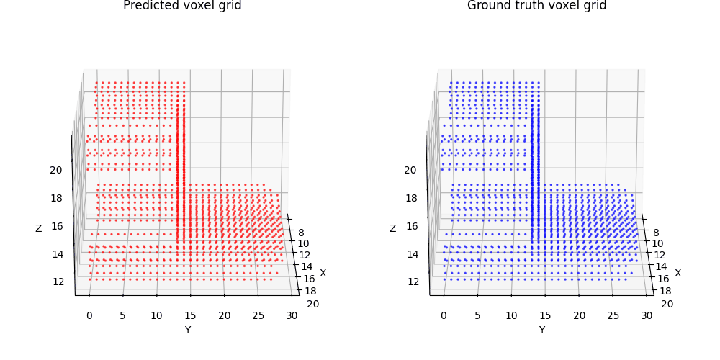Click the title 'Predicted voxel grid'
click(x=182, y=6)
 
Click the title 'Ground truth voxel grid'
click(x=536, y=6)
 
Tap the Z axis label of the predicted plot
click(x=39, y=228)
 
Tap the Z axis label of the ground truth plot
click(x=393, y=228)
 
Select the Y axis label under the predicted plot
click(x=187, y=330)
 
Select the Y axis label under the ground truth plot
click(x=541, y=330)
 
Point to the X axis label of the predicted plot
click(x=323, y=273)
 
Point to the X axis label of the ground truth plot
click(x=677, y=273)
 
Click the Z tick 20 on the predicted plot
click(x=55, y=170)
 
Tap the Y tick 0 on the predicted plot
click(x=89, y=315)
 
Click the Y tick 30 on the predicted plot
click(x=292, y=315)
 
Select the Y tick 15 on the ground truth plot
click(x=545, y=315)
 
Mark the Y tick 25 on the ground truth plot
click(x=613, y=315)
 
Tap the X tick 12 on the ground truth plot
click(x=660, y=255)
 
